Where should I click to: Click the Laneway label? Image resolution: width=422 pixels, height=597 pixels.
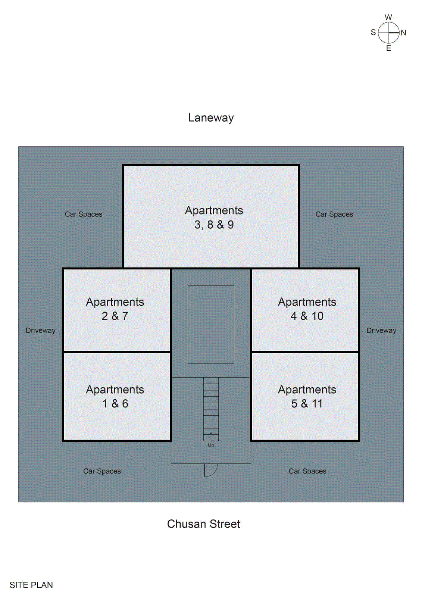(211, 118)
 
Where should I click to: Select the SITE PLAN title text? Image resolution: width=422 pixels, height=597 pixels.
(31, 585)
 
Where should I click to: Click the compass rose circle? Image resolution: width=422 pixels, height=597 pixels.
(389, 32)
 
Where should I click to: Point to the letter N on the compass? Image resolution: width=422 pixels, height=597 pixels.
(403, 33)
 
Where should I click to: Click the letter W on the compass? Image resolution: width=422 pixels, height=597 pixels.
(388, 17)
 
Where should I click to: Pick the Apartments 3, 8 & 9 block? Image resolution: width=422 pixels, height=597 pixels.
(211, 216)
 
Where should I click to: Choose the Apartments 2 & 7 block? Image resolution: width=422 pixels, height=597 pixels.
(116, 310)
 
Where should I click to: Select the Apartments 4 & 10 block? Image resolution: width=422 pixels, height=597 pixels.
(305, 310)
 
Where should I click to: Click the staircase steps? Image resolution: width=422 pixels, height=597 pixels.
(211, 409)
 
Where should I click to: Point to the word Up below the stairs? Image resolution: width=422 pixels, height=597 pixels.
(211, 446)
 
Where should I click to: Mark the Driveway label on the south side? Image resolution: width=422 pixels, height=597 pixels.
(41, 331)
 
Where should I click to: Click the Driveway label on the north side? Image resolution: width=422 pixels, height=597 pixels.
(381, 331)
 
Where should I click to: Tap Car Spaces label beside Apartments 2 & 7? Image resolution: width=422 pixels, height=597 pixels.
(84, 214)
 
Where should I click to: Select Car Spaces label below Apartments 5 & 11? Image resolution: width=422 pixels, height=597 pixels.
(307, 471)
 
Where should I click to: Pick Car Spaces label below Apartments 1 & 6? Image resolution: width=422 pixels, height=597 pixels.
(102, 471)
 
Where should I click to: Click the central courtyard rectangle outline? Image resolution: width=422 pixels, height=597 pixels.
(188, 324)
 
